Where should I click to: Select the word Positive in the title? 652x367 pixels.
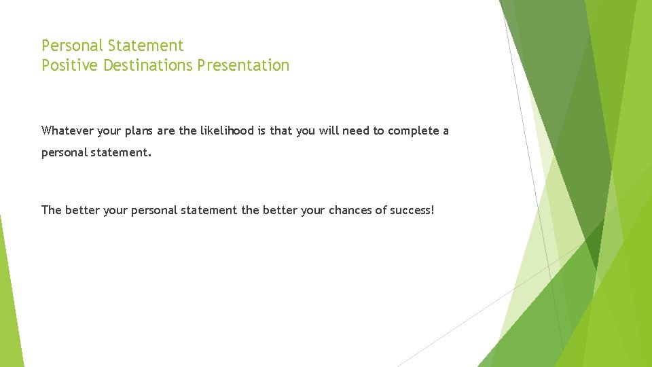[x=71, y=65]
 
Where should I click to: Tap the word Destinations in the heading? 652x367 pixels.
[x=149, y=65]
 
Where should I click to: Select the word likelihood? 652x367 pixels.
[x=227, y=130]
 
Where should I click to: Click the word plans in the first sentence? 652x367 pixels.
[x=139, y=130]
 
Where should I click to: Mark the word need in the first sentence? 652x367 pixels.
[x=355, y=130]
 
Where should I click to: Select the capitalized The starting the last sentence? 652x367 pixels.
[x=52, y=210]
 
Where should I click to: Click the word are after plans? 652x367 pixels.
[x=166, y=130]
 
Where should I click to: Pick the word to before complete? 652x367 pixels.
[x=378, y=130]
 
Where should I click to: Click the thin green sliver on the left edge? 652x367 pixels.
[x=10, y=292]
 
